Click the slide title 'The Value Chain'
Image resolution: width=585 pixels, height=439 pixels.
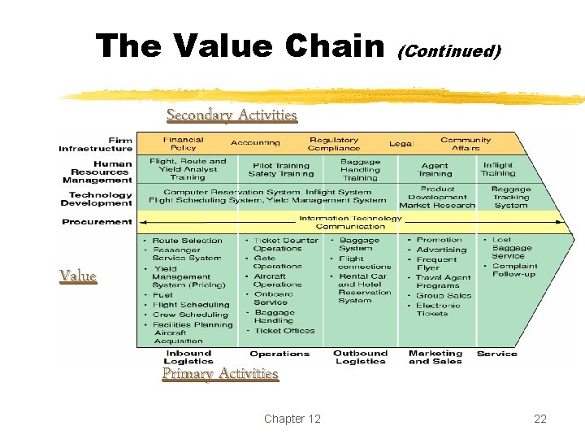(240, 46)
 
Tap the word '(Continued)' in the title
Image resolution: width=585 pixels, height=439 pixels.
(448, 52)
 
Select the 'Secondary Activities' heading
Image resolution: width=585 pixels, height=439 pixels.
(232, 115)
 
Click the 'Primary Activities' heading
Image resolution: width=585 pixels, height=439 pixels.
(220, 373)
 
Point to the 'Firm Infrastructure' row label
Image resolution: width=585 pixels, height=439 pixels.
(95, 145)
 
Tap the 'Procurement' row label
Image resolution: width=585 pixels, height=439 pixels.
(97, 221)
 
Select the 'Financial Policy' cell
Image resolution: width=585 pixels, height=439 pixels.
(183, 144)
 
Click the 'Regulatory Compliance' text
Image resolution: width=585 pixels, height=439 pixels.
(334, 144)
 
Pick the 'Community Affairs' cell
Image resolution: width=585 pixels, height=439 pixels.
(466, 144)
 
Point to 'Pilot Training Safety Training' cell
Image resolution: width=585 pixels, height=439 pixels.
(280, 169)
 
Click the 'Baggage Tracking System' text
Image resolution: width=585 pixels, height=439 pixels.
(511, 198)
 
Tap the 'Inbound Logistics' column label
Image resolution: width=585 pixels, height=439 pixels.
(188, 357)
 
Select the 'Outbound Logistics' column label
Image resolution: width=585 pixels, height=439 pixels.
(360, 357)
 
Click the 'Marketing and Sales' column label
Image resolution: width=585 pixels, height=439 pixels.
(435, 357)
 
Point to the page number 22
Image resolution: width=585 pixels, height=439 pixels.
(540, 419)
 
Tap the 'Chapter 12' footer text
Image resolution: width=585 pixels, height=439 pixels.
(292, 419)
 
